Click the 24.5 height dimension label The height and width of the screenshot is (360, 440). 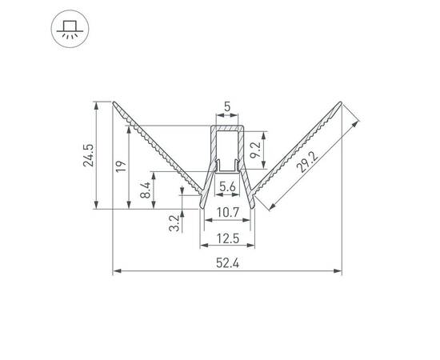pyautogui.click(x=90, y=154)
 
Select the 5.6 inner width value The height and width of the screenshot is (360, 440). pyautogui.click(x=226, y=186)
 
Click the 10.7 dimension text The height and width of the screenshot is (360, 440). pyautogui.click(x=226, y=212)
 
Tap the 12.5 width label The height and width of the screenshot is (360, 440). pyautogui.click(x=226, y=238)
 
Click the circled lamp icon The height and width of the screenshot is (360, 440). pyautogui.click(x=66, y=30)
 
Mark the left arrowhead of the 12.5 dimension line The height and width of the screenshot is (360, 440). pyautogui.click(x=202, y=246)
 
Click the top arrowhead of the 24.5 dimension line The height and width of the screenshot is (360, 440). pyautogui.click(x=98, y=104)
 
